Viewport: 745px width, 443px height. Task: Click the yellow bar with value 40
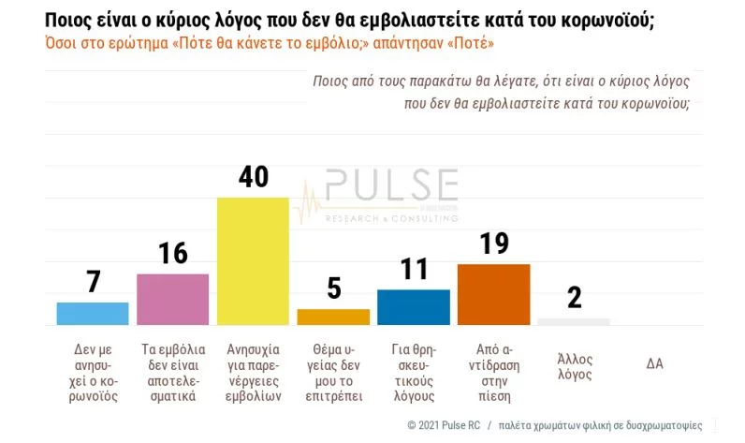click(253, 261)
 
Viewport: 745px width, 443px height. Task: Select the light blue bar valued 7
click(93, 314)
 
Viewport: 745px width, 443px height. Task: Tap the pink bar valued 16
click(172, 300)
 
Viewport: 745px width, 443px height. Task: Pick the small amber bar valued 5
click(333, 317)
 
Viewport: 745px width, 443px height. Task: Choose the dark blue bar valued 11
click(413, 307)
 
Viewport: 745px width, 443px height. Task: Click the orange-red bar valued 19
click(493, 295)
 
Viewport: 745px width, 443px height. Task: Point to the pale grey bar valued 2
click(574, 321)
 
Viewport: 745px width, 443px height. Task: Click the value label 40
click(253, 178)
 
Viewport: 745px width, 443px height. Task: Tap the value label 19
click(493, 244)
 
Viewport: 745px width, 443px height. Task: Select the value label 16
click(172, 254)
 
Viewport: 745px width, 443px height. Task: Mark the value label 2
click(574, 298)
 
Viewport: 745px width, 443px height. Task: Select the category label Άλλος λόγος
click(574, 366)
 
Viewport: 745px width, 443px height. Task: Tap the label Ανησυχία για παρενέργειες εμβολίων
click(253, 371)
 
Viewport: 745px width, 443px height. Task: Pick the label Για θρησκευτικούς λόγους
click(413, 371)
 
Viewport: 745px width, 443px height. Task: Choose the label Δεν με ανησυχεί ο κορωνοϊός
click(93, 371)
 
